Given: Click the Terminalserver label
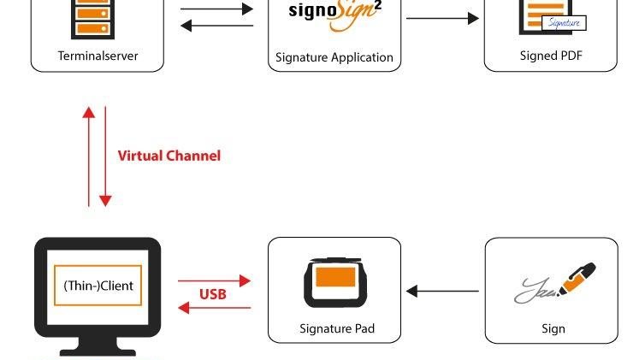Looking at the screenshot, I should coord(98,56).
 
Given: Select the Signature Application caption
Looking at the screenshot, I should coord(334,57).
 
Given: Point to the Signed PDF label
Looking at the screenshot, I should coord(551,56).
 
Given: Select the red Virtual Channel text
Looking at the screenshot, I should coord(169,156).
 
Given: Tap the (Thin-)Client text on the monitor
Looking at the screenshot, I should coord(98,286).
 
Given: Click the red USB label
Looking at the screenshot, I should coord(213,294).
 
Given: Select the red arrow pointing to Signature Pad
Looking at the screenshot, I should coord(214,280).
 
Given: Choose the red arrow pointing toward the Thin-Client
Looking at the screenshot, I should coord(214,308).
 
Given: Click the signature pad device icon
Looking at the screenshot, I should coord(334,282).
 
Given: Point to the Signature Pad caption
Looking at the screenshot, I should coord(337,328).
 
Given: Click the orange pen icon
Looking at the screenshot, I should coord(577,279).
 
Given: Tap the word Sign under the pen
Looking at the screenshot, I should coord(553,328).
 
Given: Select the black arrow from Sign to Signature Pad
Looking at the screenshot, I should coord(442,292).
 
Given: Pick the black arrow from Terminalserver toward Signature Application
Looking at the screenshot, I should coord(217,9).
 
